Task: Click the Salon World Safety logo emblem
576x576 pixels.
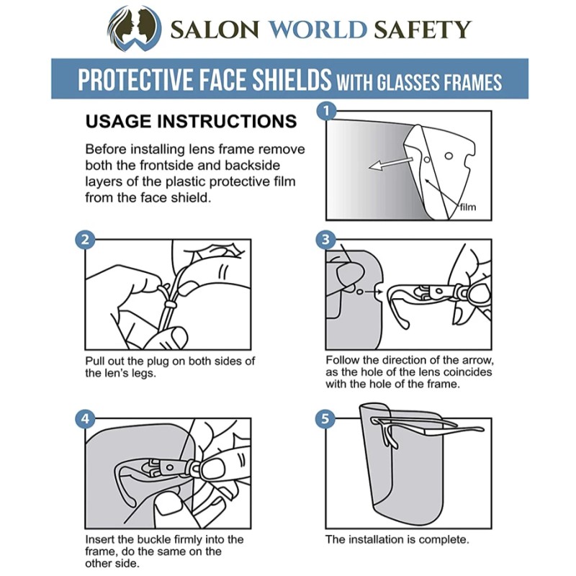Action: (134, 28)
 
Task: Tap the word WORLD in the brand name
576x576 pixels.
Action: (318, 30)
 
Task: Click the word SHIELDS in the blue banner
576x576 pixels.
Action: (289, 79)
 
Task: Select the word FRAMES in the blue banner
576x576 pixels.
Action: (472, 81)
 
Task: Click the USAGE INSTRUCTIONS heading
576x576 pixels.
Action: (191, 121)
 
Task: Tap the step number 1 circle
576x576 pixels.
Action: (326, 111)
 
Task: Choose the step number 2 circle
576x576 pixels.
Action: (85, 240)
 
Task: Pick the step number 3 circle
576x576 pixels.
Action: (326, 240)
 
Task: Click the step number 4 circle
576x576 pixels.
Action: (85, 419)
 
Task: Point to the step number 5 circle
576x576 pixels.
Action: (326, 418)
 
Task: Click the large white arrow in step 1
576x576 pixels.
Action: (390, 163)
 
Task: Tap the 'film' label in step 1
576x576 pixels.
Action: (467, 207)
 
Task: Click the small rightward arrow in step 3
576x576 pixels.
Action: (374, 292)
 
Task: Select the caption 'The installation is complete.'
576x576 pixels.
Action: (397, 539)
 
